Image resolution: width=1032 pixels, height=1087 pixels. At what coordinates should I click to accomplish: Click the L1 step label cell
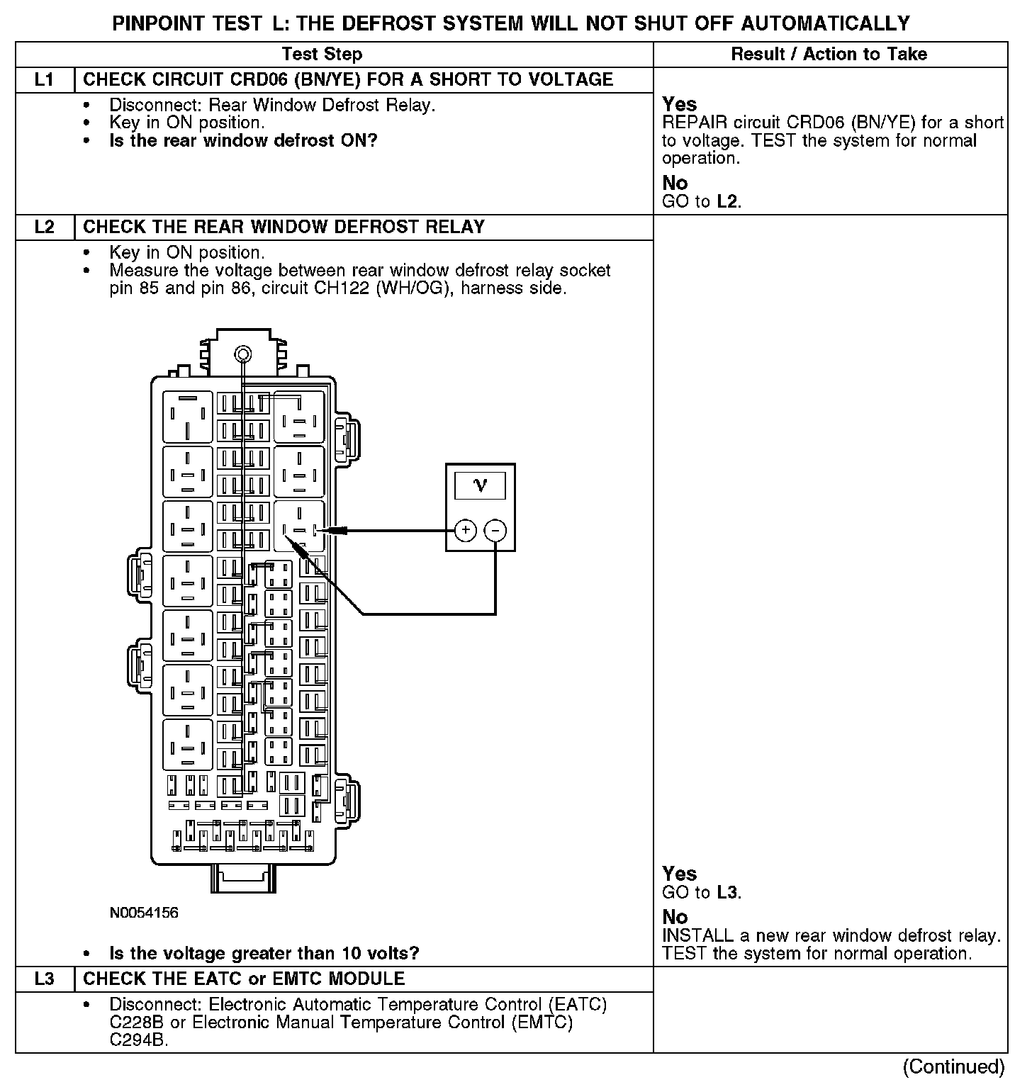(44, 79)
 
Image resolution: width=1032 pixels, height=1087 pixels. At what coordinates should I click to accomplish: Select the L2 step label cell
(44, 227)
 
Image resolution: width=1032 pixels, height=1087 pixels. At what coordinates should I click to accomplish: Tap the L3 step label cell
(44, 979)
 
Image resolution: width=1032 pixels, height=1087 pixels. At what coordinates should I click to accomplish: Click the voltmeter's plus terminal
(465, 530)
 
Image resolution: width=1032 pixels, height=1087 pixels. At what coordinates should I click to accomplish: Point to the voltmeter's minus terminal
(495, 530)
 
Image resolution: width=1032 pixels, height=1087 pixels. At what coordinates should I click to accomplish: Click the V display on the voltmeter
(481, 486)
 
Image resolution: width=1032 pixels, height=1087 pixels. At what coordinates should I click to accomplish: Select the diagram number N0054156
(144, 913)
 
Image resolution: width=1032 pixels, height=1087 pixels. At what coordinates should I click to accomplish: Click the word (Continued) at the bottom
(954, 1066)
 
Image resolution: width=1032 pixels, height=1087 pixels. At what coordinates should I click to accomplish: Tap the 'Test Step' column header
(322, 54)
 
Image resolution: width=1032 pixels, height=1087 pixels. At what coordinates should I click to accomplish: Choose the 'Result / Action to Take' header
(829, 54)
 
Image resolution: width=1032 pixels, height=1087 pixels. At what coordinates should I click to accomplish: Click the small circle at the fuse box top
(242, 354)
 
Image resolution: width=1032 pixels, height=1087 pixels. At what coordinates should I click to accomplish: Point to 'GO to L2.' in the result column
(702, 201)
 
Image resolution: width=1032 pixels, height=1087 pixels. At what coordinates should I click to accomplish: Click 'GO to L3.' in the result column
(702, 892)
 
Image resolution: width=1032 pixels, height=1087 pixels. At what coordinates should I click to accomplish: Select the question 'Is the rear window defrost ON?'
(243, 140)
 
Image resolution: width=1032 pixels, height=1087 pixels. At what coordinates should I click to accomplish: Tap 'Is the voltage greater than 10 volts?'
(264, 953)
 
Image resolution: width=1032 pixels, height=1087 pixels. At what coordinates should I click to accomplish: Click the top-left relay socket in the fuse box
(188, 417)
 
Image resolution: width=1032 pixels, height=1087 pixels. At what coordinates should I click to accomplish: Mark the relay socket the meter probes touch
(299, 526)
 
